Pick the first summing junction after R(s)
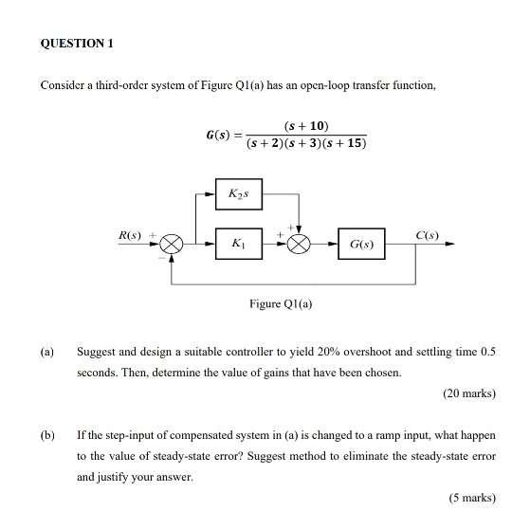point(173,244)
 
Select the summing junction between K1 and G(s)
point(300,244)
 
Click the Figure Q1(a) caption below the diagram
point(281,304)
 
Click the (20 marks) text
point(467,392)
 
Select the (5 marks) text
point(470,497)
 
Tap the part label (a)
point(46,351)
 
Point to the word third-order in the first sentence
point(123,86)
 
